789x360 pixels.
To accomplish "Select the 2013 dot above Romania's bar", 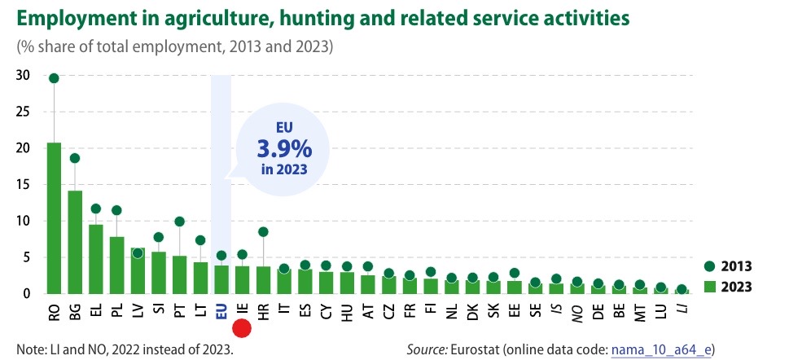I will coord(54,78).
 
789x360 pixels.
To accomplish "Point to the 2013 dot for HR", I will coord(263,231).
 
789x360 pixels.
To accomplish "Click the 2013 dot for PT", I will coord(179,222).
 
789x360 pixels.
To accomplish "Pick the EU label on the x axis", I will coord(221,310).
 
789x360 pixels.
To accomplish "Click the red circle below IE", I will coord(242,328).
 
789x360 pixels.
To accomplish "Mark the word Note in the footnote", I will coord(30,349).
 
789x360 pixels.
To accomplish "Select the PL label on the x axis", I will coord(116,310).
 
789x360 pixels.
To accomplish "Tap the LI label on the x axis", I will coord(682,310).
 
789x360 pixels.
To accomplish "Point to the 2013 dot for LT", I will coord(200,240).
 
